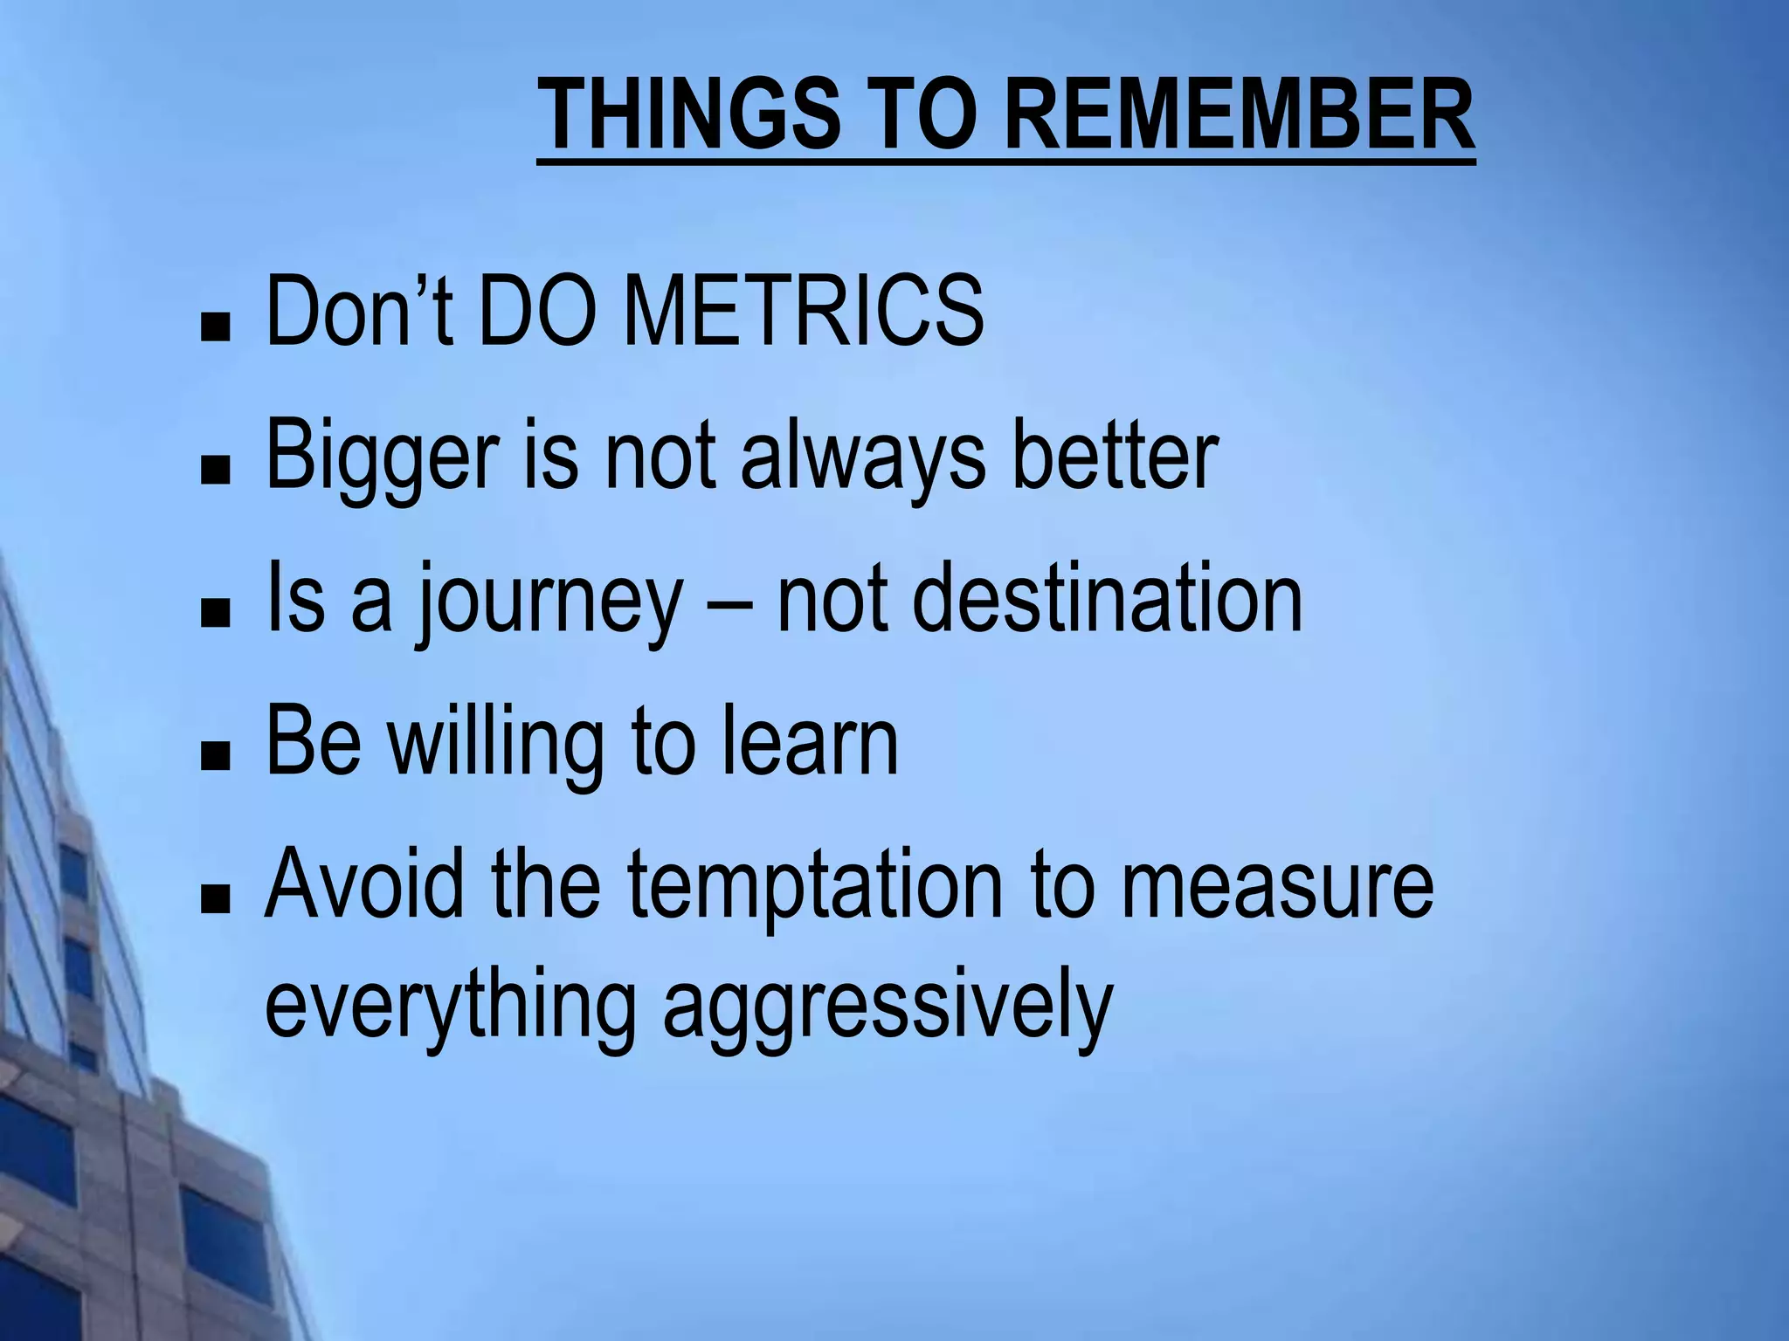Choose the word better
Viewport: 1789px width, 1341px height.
pyautogui.click(x=1114, y=456)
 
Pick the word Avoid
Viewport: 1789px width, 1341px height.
pyautogui.click(x=363, y=885)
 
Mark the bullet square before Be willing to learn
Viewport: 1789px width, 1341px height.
pyautogui.click(x=215, y=758)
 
